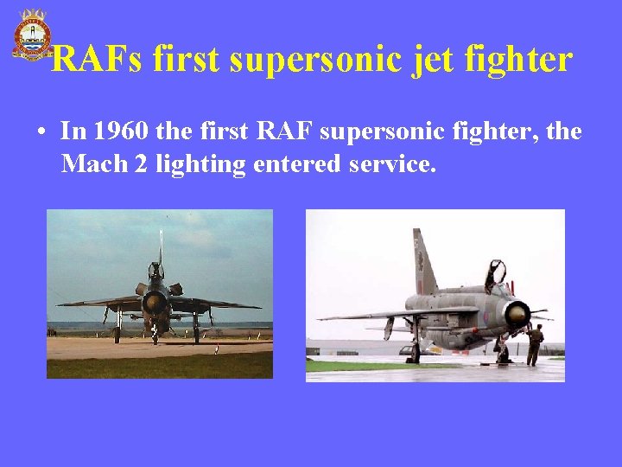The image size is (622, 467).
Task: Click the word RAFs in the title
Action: pos(97,60)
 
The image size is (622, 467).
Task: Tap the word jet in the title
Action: pos(435,60)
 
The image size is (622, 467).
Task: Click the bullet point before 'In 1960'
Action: pos(41,134)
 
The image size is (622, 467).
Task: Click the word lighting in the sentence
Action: pos(201,164)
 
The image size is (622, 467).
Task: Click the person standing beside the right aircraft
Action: pos(536,343)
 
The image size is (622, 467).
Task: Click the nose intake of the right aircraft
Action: pos(517,313)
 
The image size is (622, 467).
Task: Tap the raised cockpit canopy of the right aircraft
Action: pos(496,274)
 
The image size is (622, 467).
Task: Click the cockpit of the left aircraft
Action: pos(156,272)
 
